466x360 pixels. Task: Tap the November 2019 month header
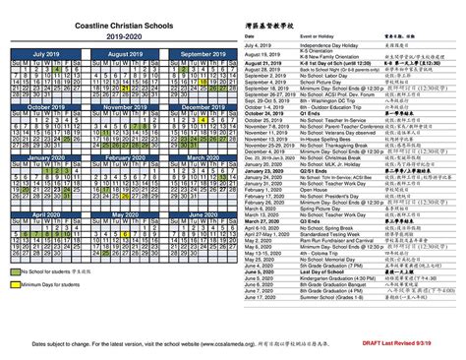124,106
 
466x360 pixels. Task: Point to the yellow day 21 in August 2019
127,82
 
